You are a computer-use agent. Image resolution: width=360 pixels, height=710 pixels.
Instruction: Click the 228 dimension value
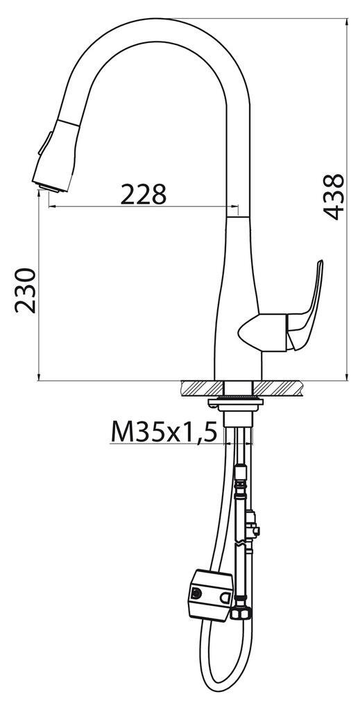click(x=144, y=195)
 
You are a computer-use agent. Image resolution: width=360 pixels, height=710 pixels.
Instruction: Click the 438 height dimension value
click(x=335, y=197)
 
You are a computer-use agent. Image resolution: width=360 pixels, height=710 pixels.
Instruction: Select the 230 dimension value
click(x=25, y=290)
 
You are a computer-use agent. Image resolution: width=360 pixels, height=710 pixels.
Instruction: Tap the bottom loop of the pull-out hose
click(x=225, y=697)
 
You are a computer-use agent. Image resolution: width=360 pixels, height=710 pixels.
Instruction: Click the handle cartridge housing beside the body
click(x=262, y=331)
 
